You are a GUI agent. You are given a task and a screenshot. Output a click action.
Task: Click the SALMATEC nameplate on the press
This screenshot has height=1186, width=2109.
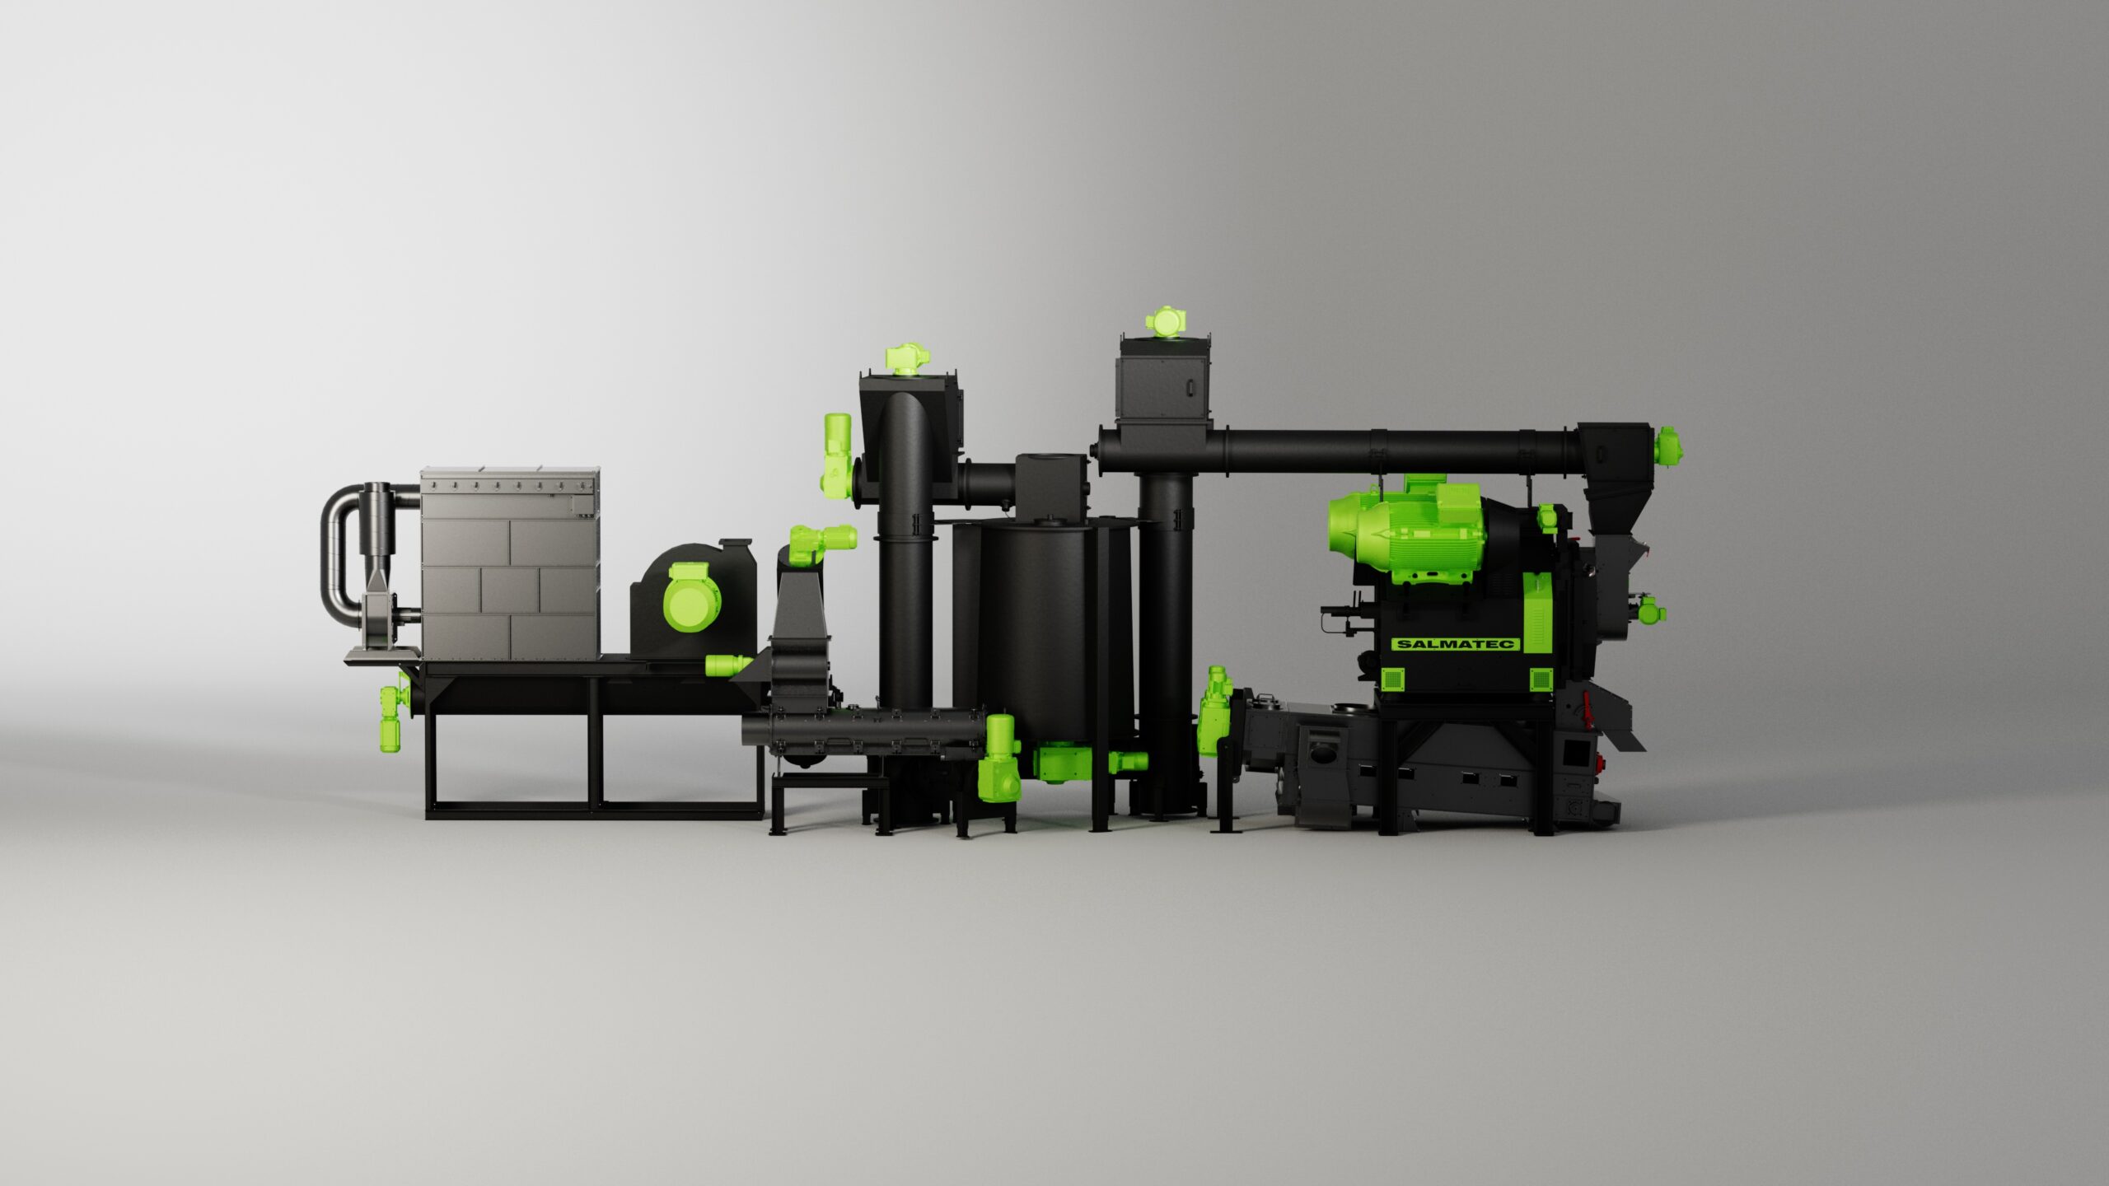1456,644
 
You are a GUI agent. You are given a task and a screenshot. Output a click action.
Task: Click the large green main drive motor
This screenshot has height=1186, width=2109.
1406,529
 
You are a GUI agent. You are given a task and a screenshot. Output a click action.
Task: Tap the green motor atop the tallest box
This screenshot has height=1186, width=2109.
1165,321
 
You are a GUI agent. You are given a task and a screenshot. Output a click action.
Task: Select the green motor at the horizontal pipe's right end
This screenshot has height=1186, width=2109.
1669,447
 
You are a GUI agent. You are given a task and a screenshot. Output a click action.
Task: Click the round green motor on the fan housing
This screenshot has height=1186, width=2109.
690,598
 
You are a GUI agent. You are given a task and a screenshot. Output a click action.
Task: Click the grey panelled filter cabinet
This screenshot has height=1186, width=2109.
510,565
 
